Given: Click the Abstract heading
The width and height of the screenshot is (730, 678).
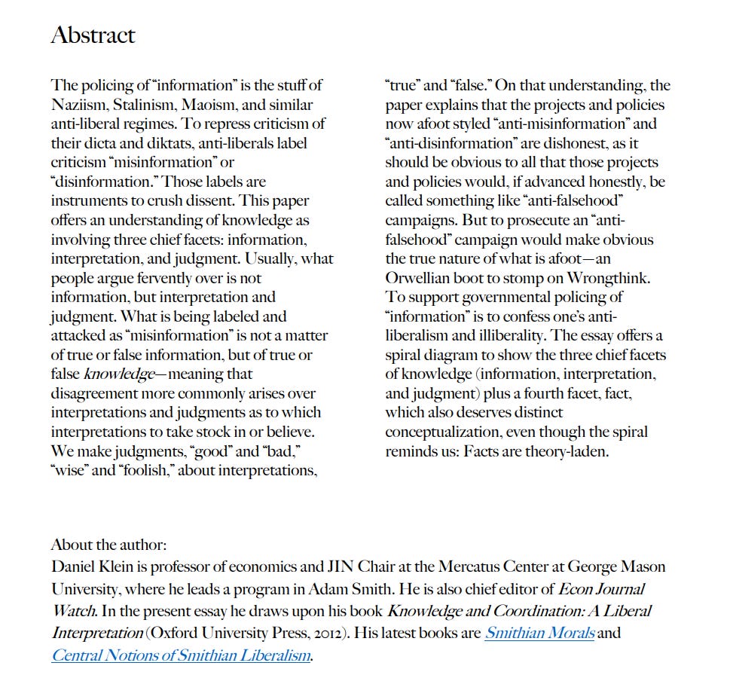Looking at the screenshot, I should coord(93,35).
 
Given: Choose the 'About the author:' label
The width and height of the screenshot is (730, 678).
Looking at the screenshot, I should coord(108,545).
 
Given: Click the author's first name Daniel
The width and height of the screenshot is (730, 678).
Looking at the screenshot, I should coord(72,567).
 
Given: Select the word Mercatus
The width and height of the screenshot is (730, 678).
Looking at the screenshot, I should coord(457,567).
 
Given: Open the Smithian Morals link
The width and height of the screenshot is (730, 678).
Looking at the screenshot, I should coord(539,633).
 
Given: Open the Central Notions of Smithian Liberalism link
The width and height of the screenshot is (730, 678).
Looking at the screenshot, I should coord(181,655).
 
